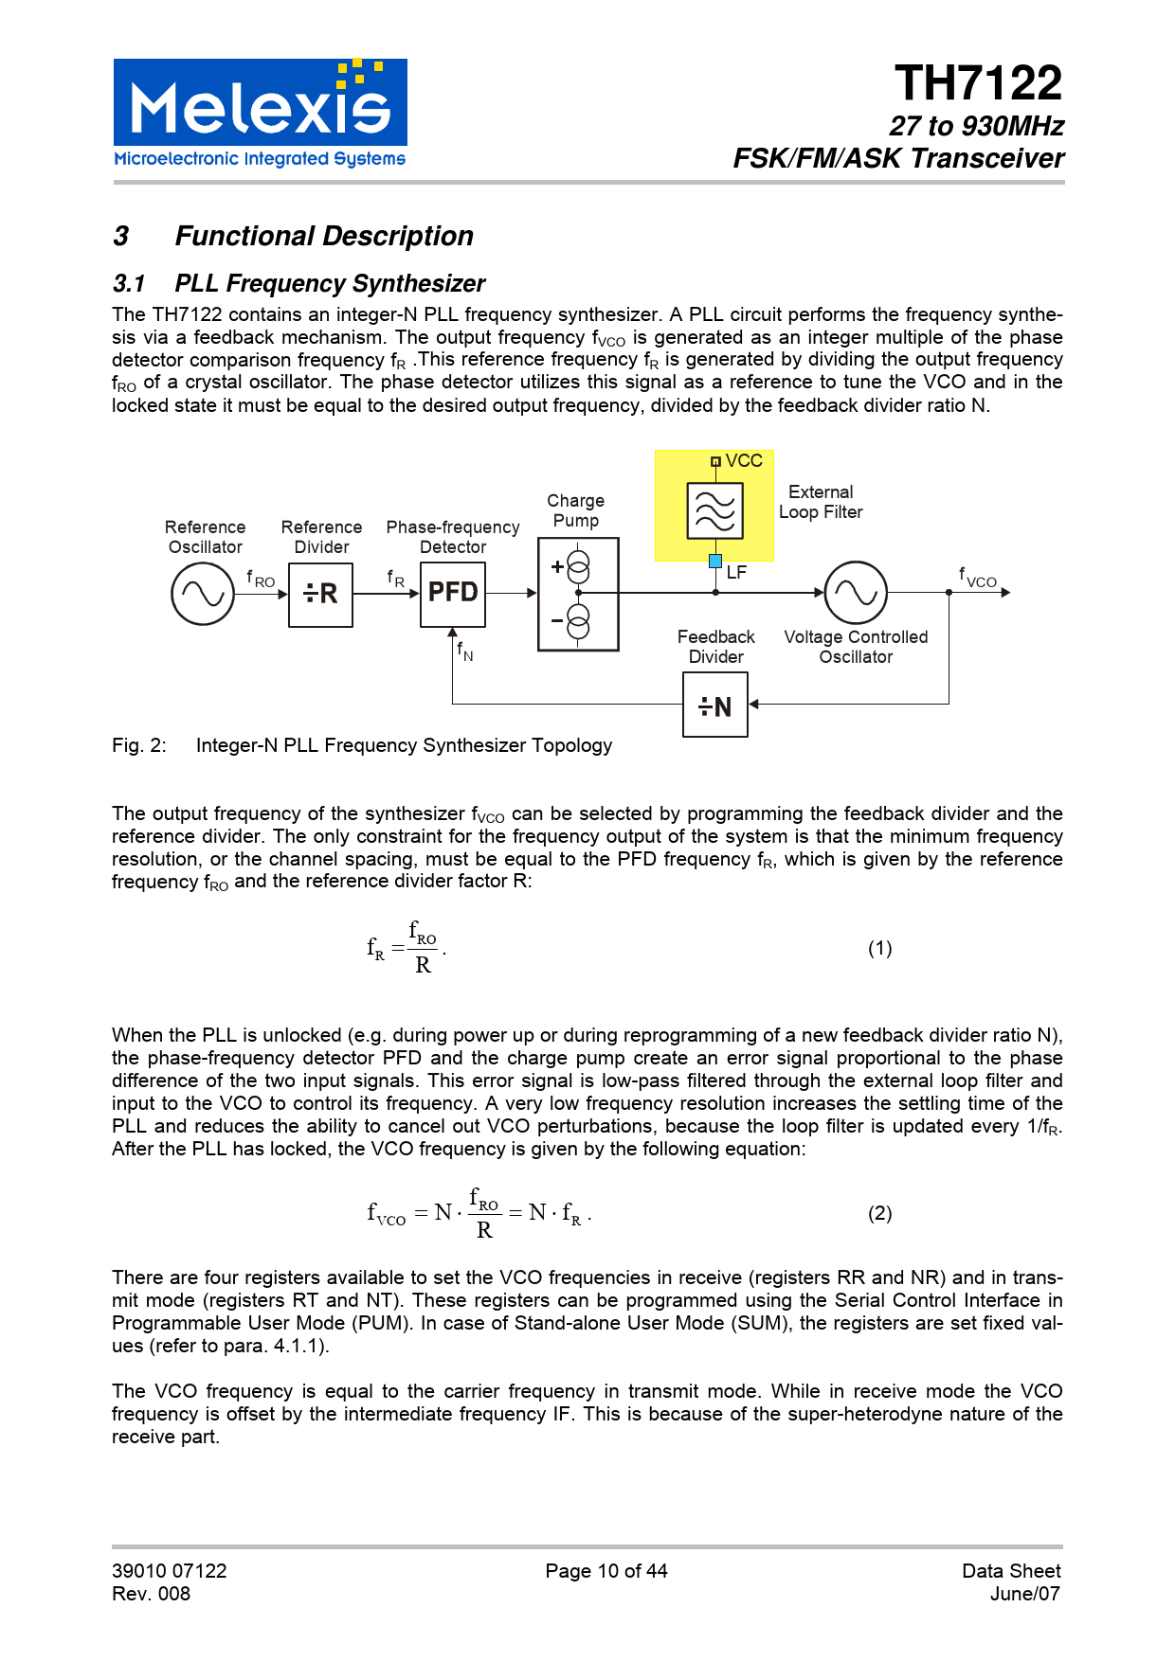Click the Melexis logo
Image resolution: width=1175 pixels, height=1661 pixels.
point(260,114)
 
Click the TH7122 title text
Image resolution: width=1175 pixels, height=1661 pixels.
point(978,84)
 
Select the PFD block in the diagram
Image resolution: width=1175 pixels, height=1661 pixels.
point(453,594)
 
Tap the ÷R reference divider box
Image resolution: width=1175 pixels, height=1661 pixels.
point(320,594)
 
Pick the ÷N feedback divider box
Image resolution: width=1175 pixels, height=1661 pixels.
point(714,705)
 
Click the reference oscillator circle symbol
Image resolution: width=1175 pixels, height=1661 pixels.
point(202,594)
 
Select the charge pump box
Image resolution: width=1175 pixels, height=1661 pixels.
point(578,594)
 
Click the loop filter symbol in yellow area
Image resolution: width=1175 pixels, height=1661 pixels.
point(714,510)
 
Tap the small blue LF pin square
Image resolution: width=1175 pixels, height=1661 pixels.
point(715,561)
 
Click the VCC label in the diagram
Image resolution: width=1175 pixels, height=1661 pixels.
point(744,461)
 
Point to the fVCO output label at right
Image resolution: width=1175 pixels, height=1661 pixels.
point(978,577)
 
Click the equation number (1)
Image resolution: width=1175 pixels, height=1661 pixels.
point(879,948)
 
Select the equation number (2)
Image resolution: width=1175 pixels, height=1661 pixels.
point(879,1213)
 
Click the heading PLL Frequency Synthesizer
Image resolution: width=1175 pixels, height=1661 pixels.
point(330,284)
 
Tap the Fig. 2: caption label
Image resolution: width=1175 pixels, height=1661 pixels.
point(139,745)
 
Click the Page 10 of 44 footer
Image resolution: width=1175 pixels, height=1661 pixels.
point(606,1571)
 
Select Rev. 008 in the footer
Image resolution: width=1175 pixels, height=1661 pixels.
point(152,1594)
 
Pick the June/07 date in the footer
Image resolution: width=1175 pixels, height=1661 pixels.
point(1024,1594)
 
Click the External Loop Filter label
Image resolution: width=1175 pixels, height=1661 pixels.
point(821,502)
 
